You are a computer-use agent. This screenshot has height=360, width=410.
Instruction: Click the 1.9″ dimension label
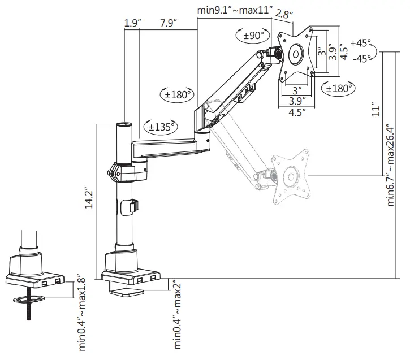[131, 23]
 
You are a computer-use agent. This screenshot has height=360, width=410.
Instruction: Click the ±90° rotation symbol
[253, 36]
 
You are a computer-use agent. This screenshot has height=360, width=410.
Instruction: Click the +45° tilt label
[361, 44]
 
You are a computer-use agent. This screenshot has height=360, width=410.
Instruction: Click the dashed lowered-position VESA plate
[292, 174]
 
